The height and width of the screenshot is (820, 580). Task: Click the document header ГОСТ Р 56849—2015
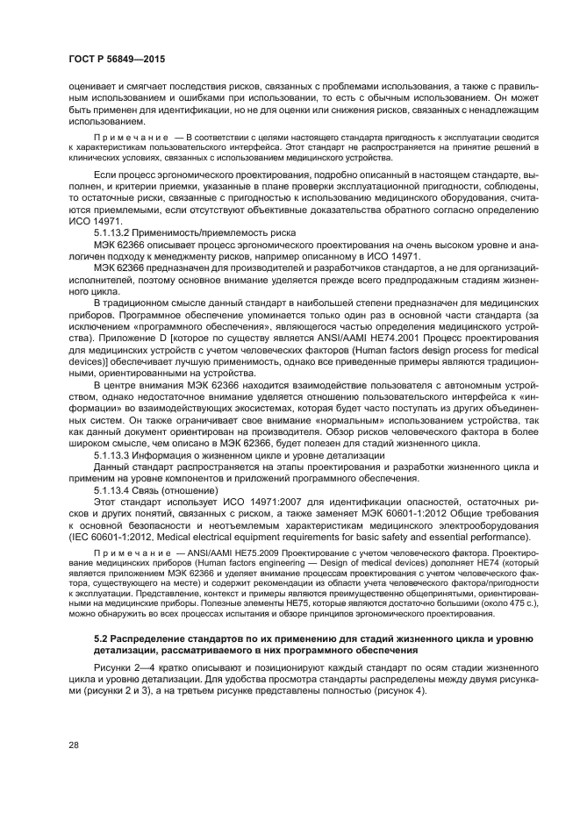tap(117, 58)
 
